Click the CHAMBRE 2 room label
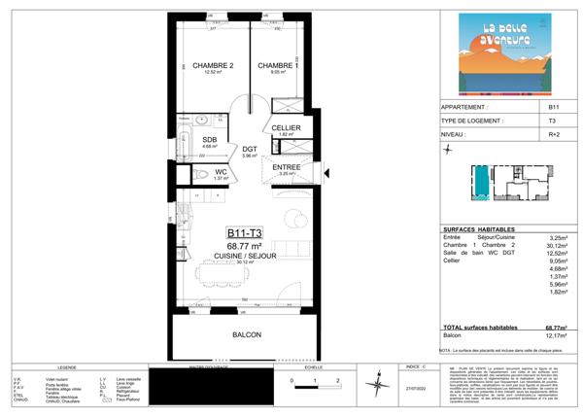pyautogui.click(x=213, y=66)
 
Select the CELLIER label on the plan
pyautogui.click(x=285, y=127)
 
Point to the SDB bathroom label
pyautogui.click(x=209, y=140)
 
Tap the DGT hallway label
pyautogui.click(x=249, y=149)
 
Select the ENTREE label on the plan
pyautogui.click(x=286, y=167)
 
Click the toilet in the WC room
pyautogui.click(x=200, y=175)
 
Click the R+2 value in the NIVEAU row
pyautogui.click(x=553, y=134)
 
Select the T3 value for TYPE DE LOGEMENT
pyautogui.click(x=553, y=121)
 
